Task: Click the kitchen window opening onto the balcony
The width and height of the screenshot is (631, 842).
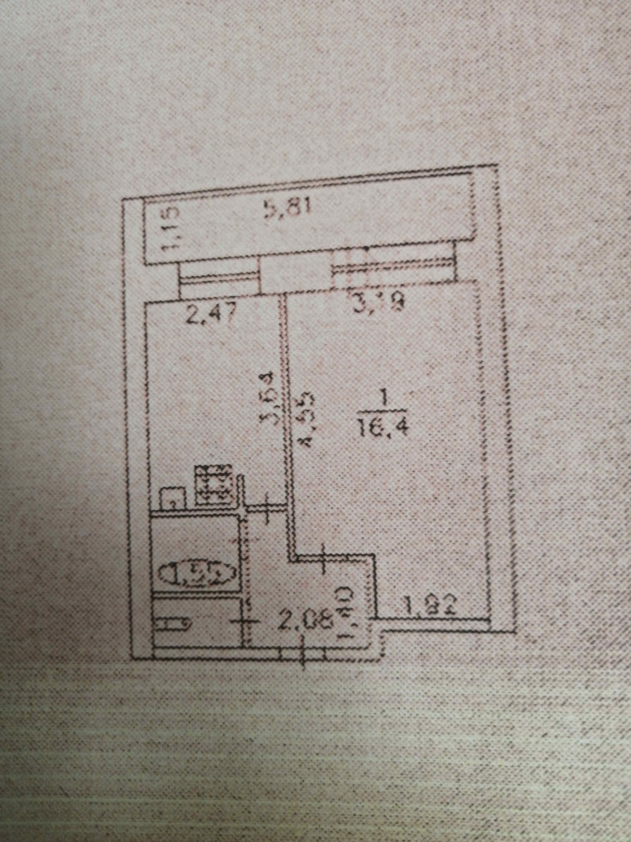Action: pos(218,280)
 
